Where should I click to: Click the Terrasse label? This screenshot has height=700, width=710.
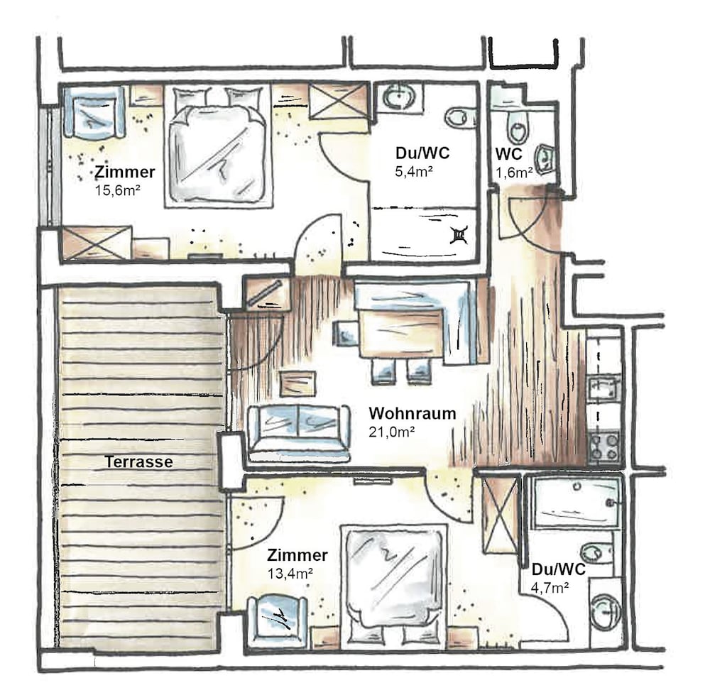pyautogui.click(x=139, y=462)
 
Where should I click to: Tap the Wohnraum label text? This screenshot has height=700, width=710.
pyautogui.click(x=412, y=413)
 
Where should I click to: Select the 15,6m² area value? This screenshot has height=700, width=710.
pyautogui.click(x=117, y=190)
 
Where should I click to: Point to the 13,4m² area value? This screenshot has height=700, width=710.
pyautogui.click(x=290, y=574)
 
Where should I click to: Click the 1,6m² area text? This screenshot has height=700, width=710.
pyautogui.click(x=513, y=173)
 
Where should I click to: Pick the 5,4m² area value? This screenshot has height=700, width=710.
pyautogui.click(x=414, y=172)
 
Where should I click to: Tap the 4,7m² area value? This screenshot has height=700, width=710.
pyautogui.click(x=550, y=588)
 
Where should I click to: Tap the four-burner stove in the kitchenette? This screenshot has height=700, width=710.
pyautogui.click(x=603, y=447)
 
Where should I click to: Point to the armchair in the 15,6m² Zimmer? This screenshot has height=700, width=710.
pyautogui.click(x=94, y=112)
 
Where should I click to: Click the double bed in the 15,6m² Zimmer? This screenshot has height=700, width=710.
pyautogui.click(x=218, y=146)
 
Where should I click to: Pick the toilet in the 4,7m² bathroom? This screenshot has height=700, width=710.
pyautogui.click(x=597, y=552)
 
